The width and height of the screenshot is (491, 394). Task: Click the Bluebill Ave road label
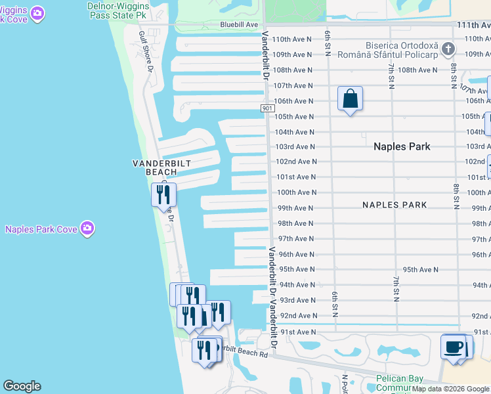tap(238, 24)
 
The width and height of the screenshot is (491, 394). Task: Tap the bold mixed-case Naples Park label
tap(402, 146)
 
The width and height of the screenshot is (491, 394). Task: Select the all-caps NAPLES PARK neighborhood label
tap(394, 205)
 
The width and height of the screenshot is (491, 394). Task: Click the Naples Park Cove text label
tap(40, 229)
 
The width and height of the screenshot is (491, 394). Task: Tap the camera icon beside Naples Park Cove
tap(87, 229)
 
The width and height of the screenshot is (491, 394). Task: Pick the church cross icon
tap(448, 49)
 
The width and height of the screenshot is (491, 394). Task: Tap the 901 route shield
tap(267, 108)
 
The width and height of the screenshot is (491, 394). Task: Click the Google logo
tap(22, 386)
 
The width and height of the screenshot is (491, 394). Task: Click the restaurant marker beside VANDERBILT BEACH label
tap(163, 194)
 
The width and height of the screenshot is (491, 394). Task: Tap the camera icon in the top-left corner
tap(37, 12)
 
